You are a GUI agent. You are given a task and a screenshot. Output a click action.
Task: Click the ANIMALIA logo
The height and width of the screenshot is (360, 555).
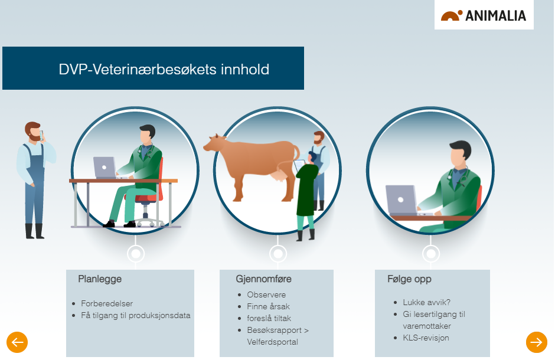tap(484, 15)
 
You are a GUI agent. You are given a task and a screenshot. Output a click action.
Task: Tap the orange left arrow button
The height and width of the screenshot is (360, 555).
tap(17, 342)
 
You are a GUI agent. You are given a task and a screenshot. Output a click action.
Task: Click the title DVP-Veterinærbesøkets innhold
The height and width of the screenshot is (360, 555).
tap(164, 69)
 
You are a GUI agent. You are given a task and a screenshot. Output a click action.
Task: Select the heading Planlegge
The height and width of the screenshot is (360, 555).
tap(100, 279)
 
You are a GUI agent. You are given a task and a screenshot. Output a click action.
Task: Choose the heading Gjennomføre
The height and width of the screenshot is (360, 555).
tap(264, 279)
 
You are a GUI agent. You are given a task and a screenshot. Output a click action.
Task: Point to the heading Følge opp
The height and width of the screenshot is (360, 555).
tap(409, 279)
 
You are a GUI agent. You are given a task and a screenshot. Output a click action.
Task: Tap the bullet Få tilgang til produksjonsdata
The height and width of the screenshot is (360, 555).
tap(136, 315)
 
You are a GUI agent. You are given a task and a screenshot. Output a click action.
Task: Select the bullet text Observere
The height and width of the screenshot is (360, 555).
tap(266, 294)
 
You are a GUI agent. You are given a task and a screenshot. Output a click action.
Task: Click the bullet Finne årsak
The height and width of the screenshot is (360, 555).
tap(268, 306)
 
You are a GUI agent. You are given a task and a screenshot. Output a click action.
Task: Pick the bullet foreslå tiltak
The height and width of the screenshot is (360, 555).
tap(269, 318)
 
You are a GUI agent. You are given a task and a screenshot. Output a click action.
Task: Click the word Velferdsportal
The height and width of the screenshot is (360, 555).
tap(273, 342)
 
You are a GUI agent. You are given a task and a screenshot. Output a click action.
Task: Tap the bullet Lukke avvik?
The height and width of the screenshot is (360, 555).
tap(426, 302)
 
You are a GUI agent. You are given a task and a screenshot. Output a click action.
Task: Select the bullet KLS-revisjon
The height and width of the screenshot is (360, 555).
tap(426, 338)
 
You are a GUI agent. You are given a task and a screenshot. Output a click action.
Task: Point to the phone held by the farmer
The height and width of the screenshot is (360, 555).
tap(42, 135)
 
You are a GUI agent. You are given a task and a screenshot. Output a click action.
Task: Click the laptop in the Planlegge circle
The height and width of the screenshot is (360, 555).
tap(105, 167)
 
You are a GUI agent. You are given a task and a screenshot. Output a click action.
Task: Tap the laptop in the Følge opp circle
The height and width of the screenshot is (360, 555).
tap(401, 200)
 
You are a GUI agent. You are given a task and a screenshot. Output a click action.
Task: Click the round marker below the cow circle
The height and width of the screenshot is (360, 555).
tap(278, 254)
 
